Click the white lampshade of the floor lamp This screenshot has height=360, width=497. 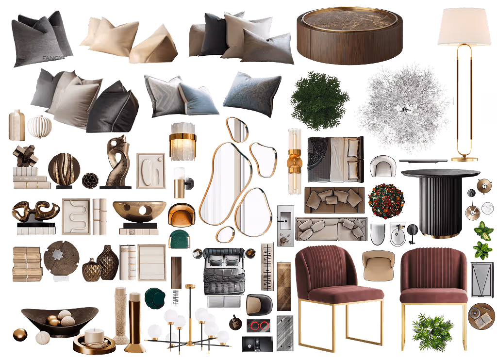click(x=464, y=27)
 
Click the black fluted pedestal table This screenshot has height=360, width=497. click(x=440, y=203)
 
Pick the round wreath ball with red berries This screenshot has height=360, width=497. click(x=386, y=200)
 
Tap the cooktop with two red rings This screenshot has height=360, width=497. click(x=258, y=326)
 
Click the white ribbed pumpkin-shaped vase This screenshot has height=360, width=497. click(x=39, y=127)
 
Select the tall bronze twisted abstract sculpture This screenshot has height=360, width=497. click(x=116, y=162)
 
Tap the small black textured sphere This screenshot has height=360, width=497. click(x=90, y=180)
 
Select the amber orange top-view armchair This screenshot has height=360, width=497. click(x=182, y=214)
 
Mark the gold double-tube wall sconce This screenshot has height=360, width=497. click(x=295, y=161)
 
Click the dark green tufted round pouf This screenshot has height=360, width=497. click(x=155, y=297)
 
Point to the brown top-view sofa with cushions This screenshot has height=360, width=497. click(x=334, y=200)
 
